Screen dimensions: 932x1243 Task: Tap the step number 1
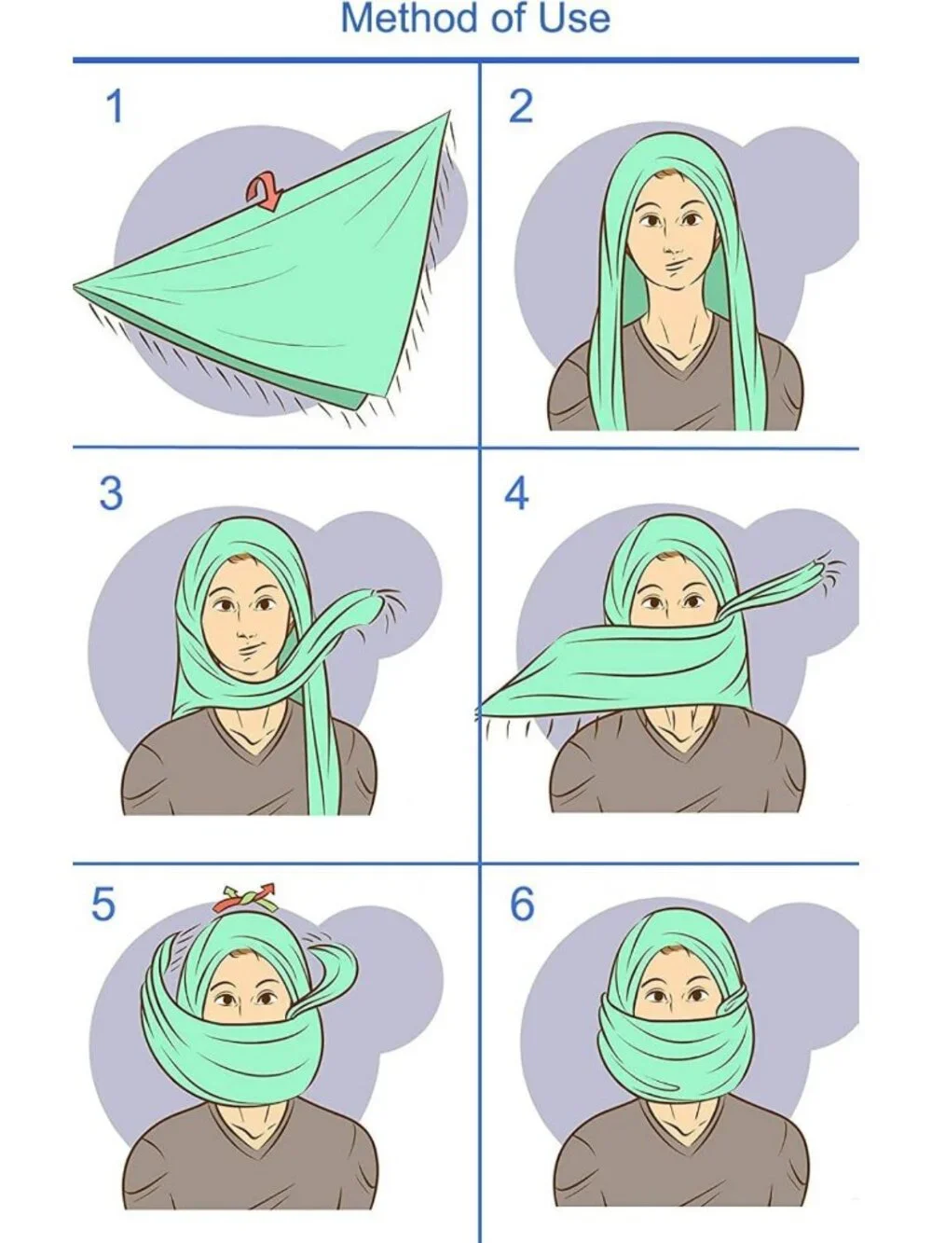(x=115, y=106)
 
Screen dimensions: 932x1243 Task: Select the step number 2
(x=521, y=106)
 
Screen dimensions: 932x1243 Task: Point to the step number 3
(x=111, y=493)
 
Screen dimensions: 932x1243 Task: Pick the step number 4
(x=516, y=493)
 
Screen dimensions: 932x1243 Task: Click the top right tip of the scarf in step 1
(x=450, y=112)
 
